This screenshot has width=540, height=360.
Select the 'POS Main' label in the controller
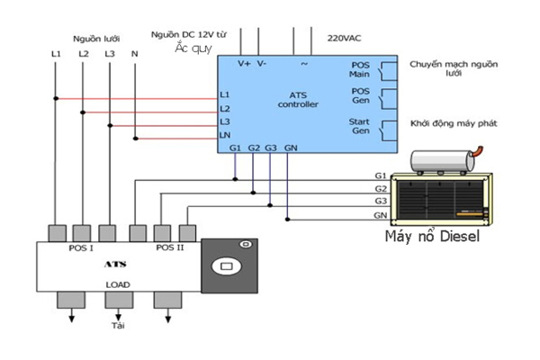[359, 70]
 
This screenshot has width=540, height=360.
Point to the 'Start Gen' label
[359, 126]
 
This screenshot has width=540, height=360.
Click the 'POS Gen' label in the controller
[359, 97]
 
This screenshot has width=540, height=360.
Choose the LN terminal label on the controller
[225, 135]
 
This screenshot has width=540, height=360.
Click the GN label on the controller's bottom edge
[291, 147]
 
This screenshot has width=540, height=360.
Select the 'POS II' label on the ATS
[169, 247]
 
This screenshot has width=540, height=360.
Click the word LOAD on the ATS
[117, 285]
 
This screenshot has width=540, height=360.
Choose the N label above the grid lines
[135, 55]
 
